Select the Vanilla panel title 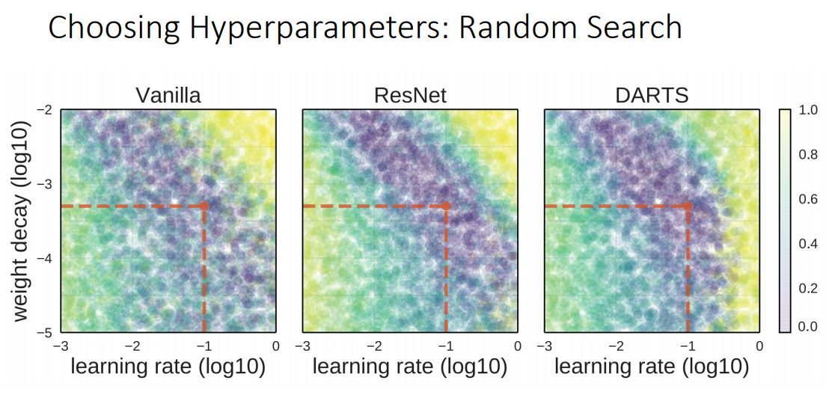click(168, 96)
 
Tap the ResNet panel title click(409, 96)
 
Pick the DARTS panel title click(651, 96)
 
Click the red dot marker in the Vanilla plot click(204, 206)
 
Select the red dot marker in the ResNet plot click(446, 206)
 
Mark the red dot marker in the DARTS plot click(688, 206)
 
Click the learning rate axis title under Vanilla click(168, 367)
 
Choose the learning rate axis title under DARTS click(651, 367)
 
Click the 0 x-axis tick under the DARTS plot click(759, 346)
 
